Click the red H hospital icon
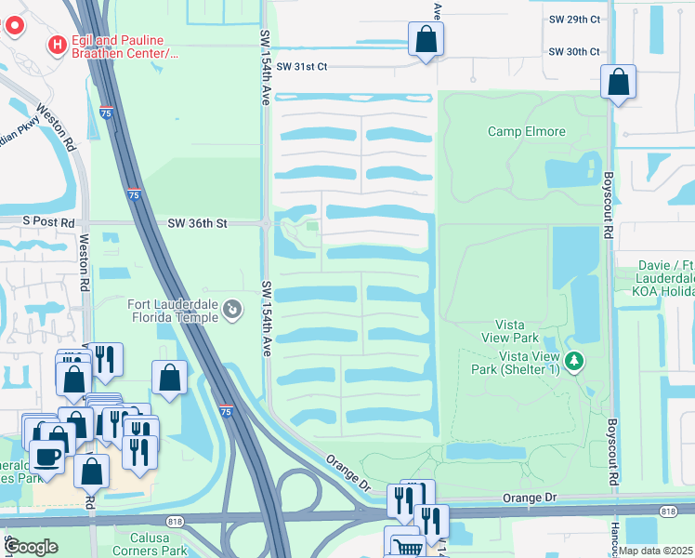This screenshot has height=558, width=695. tap(58, 44)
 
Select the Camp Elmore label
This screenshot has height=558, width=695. tap(526, 131)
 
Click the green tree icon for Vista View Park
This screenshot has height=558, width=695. tap(574, 361)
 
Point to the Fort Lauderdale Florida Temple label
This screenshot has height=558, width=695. tap(173, 310)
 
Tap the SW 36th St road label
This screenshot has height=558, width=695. tap(197, 222)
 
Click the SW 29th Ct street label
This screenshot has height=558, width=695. tap(574, 19)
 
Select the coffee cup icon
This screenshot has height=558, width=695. tap(46, 457)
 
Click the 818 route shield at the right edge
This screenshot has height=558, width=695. tap(667, 511)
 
